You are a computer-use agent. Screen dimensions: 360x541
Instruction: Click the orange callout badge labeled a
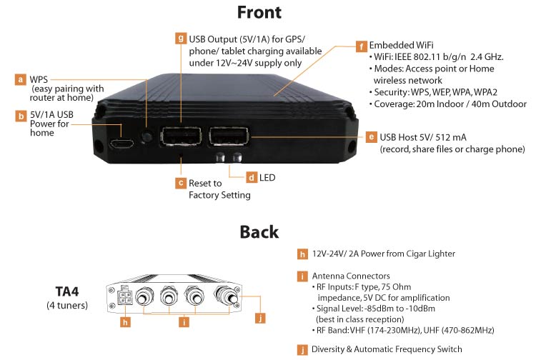pyautogui.click(x=21, y=80)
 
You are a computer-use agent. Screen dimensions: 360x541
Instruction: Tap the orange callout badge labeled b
pyautogui.click(x=21, y=115)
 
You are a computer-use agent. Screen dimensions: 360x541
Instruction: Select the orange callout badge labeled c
pyautogui.click(x=181, y=183)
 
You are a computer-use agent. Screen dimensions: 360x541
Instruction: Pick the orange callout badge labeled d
pyautogui.click(x=252, y=176)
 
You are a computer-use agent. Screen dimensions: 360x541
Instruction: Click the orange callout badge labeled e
pyautogui.click(x=371, y=136)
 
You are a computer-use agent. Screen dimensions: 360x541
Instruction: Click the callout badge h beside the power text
pyautogui.click(x=303, y=253)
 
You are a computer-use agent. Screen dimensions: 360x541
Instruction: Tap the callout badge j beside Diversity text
pyautogui.click(x=303, y=349)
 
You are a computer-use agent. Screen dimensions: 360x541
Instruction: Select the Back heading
pyautogui.click(x=259, y=232)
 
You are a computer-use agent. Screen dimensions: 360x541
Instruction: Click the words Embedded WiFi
pyautogui.click(x=397, y=44)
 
